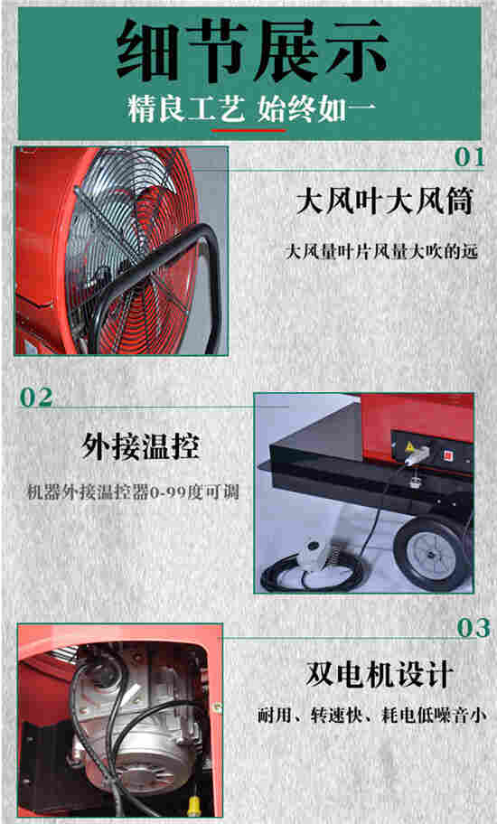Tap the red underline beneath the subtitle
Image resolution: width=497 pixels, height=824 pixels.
tap(248, 129)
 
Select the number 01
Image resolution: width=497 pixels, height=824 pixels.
tap(469, 157)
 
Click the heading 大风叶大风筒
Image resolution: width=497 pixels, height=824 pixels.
tap(384, 202)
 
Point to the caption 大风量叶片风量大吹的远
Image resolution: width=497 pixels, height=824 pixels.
tap(381, 252)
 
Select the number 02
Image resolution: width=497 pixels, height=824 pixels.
tap(36, 398)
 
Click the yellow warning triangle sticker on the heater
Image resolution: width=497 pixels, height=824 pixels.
tap(408, 446)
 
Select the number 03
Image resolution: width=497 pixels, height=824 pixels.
tap(474, 628)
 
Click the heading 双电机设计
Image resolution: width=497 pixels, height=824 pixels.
tap(380, 675)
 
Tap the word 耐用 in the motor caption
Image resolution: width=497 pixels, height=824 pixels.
tap(274, 716)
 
